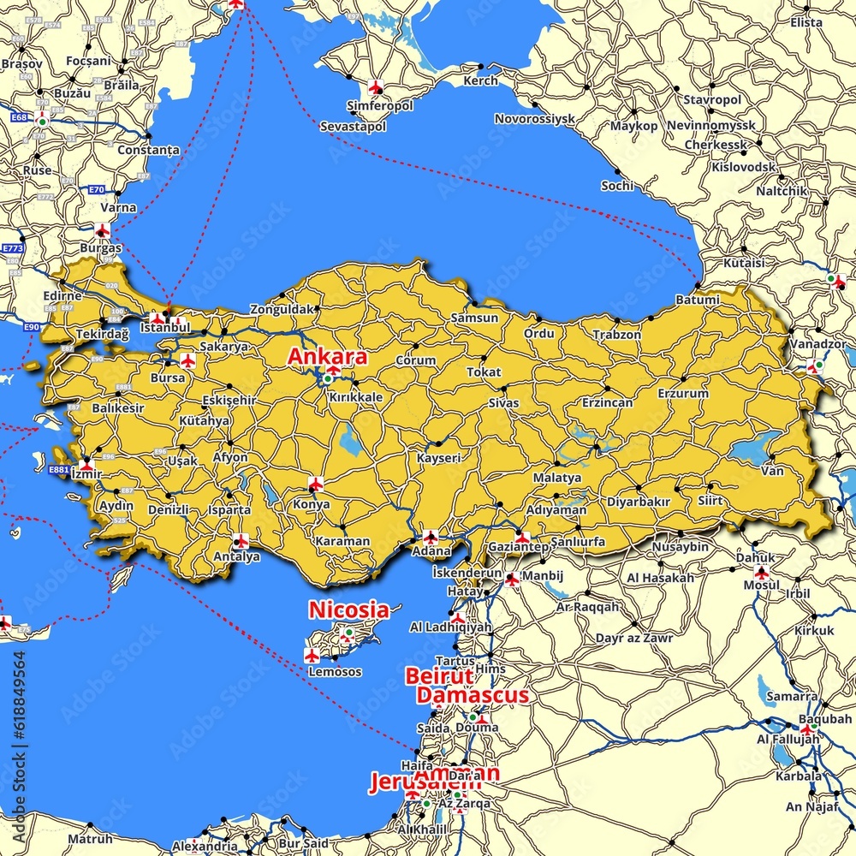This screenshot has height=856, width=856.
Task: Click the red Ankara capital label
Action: pos(328,356)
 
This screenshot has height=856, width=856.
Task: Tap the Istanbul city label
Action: pos(164,327)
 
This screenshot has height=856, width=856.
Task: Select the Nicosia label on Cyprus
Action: pos(348,610)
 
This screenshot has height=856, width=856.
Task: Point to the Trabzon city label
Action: pos(616,335)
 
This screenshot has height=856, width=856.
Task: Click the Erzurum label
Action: pos(683,393)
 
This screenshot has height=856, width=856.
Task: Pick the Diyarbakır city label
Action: pos(638,501)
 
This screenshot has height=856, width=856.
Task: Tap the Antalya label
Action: pos(236,556)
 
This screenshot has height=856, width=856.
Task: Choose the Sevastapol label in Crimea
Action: pos(353,126)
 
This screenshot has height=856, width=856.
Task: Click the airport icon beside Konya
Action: pos(315,484)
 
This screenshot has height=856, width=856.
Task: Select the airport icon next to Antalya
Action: pos(241,541)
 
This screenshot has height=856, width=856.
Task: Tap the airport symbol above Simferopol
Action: pos(375,86)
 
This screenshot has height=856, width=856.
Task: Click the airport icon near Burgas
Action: pos(102,230)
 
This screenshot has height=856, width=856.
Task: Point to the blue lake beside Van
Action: pos(753,449)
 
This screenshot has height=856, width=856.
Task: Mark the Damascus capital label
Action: pos(473,695)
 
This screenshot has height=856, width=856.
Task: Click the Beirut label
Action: pos(439,675)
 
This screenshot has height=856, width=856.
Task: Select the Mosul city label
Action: pos(761,585)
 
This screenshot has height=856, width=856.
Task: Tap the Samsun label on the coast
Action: pos(474,318)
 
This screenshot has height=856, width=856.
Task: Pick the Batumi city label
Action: pos(697,300)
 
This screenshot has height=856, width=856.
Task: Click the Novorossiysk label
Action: pos(534,119)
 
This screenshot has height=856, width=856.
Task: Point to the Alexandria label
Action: pos(205,846)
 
